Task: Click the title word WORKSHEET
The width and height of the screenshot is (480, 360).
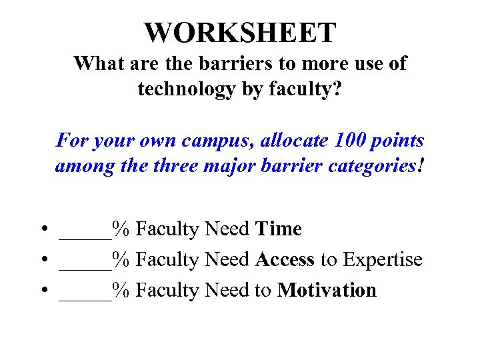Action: pos(240,32)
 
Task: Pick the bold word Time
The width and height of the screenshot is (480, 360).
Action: pos(279,229)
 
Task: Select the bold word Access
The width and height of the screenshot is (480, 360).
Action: pos(285,259)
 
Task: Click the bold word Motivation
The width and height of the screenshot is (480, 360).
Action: pos(327,290)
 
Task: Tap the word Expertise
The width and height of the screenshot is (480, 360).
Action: pos(383,259)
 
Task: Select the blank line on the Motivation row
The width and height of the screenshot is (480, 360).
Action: pos(85,296)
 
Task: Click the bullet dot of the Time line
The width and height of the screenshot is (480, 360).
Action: pos(42,230)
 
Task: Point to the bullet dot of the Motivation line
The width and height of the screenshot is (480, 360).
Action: pos(42,291)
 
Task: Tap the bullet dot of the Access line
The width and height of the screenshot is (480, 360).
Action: pos(42,260)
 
